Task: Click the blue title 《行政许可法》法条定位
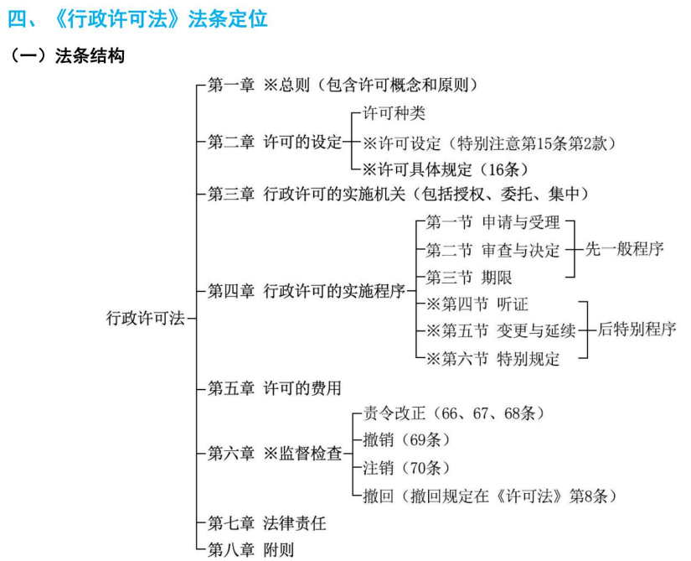160,19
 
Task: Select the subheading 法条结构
90,56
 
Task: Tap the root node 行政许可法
146,318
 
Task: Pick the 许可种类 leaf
394,113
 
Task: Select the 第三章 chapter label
231,194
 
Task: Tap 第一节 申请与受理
492,222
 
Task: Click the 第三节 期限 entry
469,278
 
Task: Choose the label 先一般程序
625,249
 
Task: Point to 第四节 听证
477,304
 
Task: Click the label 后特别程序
637,330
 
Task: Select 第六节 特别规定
492,359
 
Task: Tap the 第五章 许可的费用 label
275,388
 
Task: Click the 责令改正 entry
394,413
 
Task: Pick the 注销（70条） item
406,468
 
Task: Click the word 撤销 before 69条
378,439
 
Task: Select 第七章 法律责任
266,523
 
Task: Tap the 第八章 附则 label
250,550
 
